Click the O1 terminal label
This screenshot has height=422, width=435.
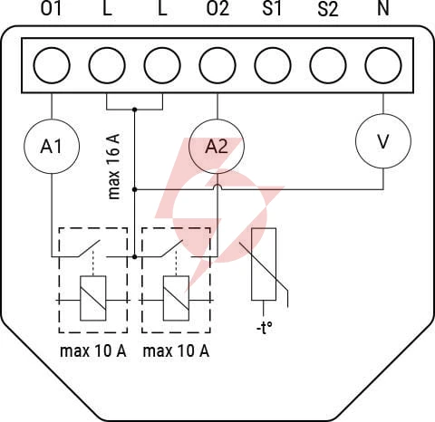52,8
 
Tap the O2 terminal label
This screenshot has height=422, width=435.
217,8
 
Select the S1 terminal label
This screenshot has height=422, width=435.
272,8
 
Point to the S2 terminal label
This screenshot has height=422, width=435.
328,8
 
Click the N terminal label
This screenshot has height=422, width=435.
383,8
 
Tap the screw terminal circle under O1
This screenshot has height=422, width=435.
52,65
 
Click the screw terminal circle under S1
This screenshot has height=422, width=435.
273,65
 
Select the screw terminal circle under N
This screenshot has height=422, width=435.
383,65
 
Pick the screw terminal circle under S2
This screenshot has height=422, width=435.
328,65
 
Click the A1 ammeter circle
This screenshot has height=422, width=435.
52,147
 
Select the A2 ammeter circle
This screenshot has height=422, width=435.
217,147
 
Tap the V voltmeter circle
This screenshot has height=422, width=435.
383,141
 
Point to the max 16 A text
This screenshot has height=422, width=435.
114,167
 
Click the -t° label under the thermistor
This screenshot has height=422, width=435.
265,328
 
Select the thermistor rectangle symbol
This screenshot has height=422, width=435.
264,264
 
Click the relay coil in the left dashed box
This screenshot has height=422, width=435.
93,298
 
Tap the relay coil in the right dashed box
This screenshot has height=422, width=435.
176,298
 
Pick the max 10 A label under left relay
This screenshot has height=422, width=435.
93,350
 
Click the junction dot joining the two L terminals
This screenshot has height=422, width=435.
135,109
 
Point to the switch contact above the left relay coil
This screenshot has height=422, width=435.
89,248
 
